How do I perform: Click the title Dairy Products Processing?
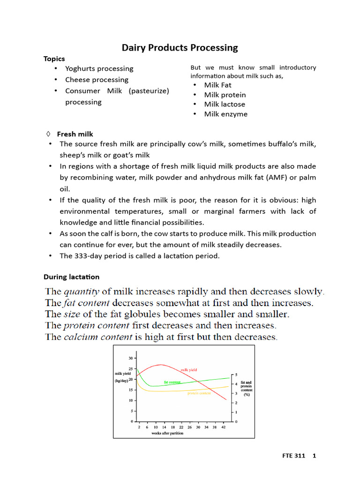point(180,48)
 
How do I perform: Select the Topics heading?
point(54,59)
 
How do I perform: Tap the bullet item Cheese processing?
point(97,80)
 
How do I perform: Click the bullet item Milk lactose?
point(225,104)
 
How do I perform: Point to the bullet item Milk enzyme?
point(226,114)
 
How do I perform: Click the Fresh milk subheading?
point(75,134)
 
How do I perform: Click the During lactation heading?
point(71,277)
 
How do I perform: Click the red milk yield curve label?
point(189,370)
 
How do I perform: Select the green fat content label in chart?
point(172,382)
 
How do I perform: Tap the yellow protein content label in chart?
point(199,393)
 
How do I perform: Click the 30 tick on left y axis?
point(130,358)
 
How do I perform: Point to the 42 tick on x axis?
point(224,427)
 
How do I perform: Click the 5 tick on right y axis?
point(236,375)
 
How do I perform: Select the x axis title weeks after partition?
point(167,434)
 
